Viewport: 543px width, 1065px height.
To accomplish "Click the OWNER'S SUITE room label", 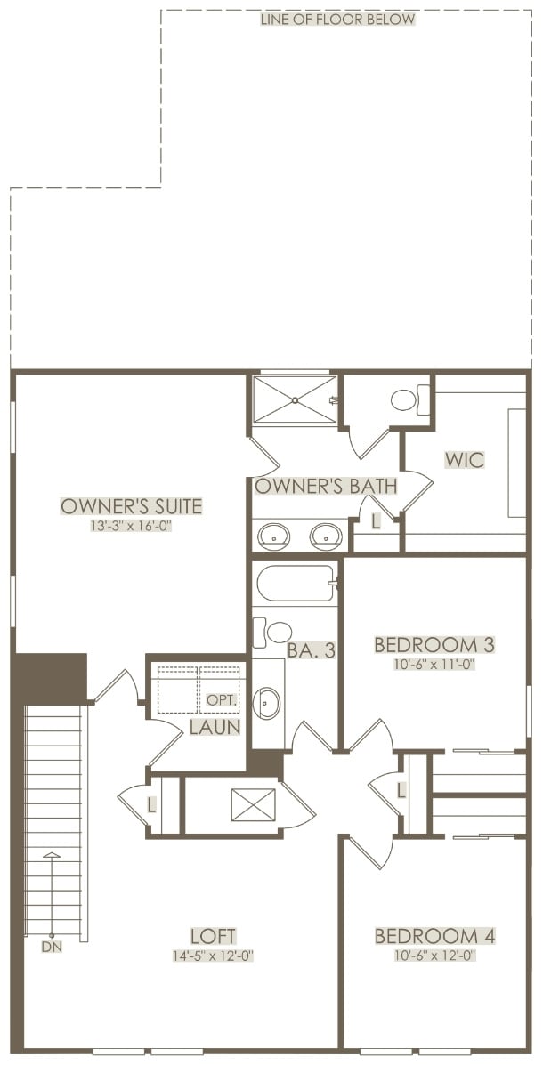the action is tap(132, 506).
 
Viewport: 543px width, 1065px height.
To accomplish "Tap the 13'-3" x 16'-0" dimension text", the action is tap(132, 526).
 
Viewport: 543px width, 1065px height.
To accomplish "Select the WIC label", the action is tap(465, 460).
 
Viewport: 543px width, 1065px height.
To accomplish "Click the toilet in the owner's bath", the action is tap(409, 399).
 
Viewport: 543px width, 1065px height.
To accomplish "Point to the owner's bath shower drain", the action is tap(295, 400).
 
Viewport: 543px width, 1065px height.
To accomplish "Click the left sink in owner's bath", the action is tap(274, 536).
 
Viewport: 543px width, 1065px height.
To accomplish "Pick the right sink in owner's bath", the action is tap(326, 536).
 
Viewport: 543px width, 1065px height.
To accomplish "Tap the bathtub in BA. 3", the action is tap(296, 583).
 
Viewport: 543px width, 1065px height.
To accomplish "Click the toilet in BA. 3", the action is tap(271, 633).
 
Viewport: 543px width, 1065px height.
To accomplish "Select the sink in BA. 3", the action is tap(266, 703).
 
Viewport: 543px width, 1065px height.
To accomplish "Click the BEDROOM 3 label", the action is tap(435, 644).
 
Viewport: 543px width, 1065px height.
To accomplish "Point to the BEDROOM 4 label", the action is tap(435, 935).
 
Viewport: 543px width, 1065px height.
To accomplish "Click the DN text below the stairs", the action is tap(52, 946).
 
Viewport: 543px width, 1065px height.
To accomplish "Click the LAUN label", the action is tap(215, 728).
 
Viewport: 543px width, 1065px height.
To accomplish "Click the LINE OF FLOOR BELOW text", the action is tap(337, 19).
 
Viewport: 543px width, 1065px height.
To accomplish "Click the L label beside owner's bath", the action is tap(376, 523).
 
